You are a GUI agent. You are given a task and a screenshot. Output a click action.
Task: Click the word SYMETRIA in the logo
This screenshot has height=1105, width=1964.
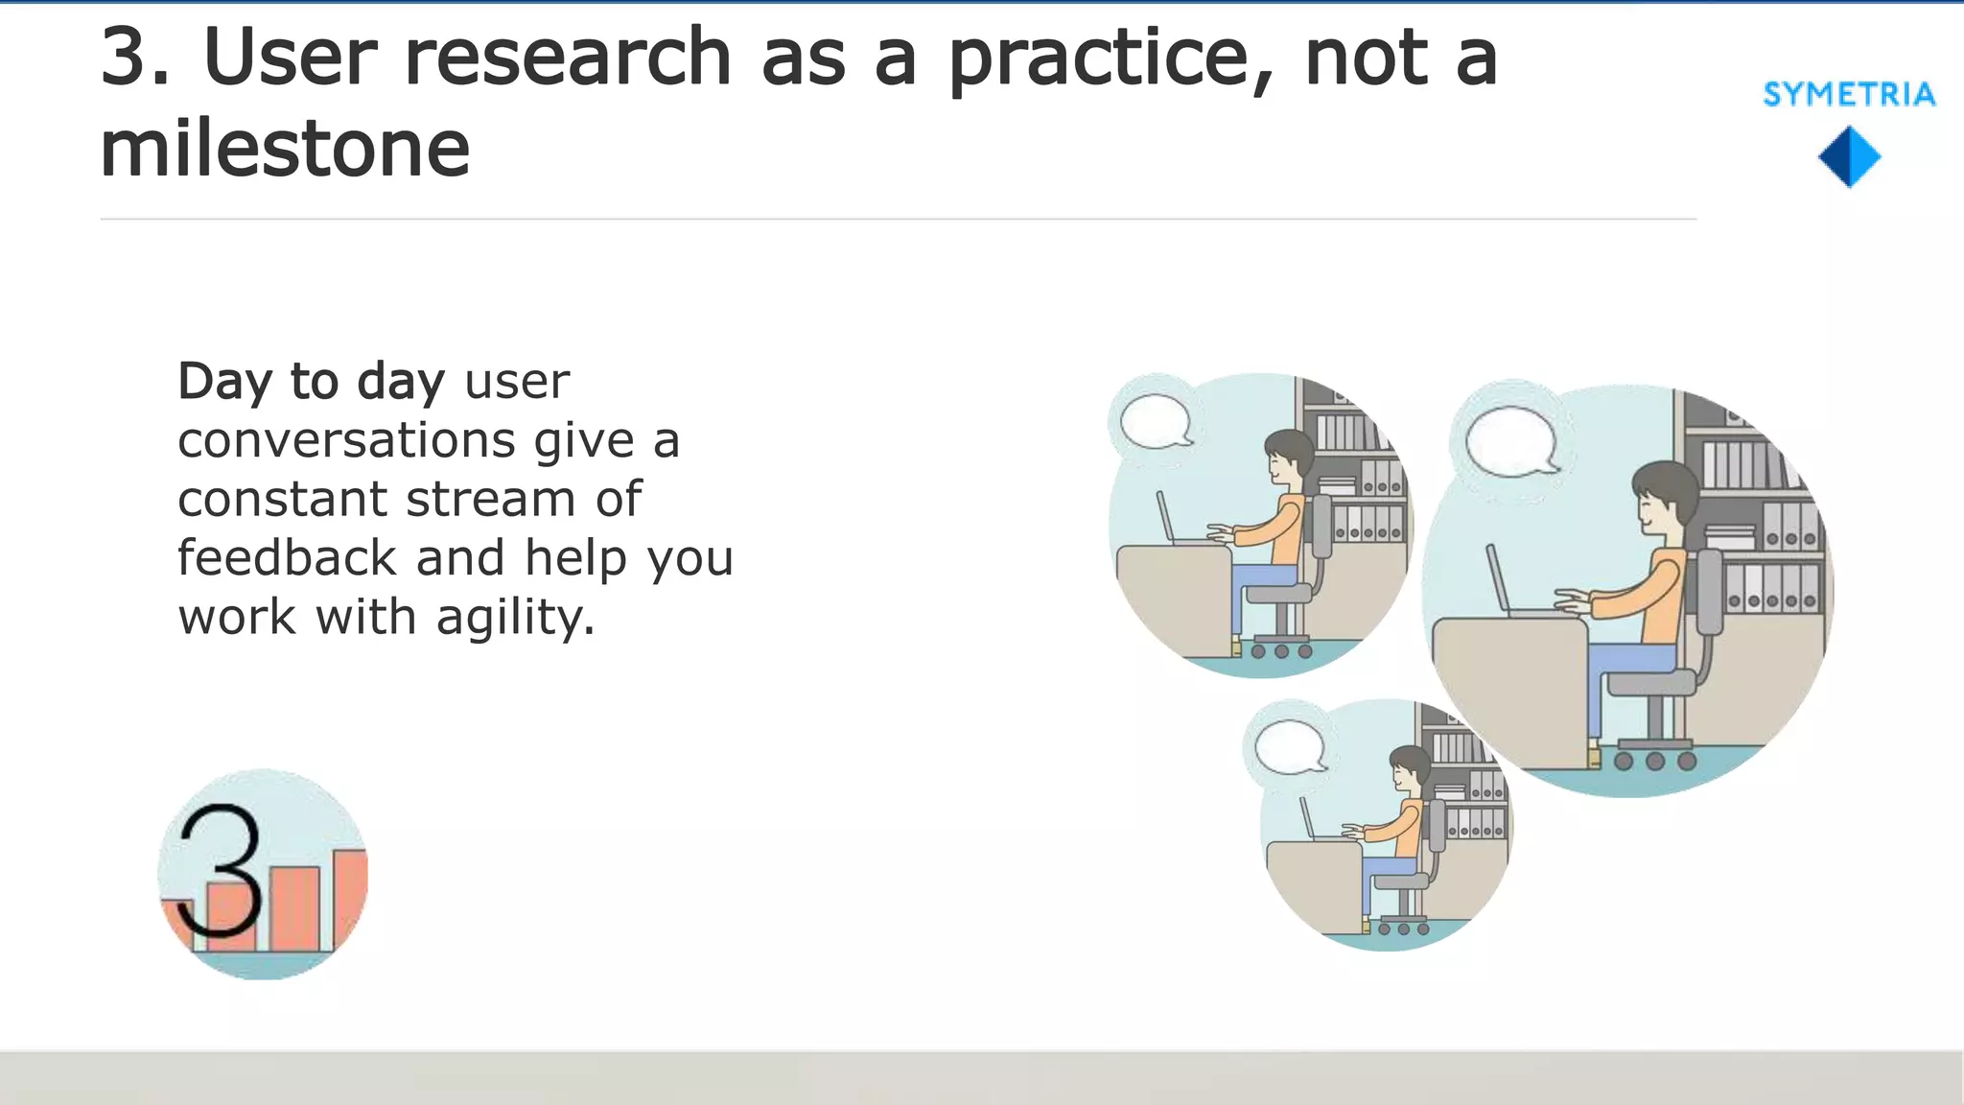[1849, 94]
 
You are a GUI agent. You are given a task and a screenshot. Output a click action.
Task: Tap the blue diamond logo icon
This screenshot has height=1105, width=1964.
[1849, 156]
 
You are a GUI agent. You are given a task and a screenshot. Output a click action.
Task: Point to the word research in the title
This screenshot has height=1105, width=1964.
[569, 58]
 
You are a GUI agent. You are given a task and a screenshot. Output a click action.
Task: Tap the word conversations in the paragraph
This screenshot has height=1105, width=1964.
[347, 440]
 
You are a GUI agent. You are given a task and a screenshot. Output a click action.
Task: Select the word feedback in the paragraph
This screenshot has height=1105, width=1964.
[287, 557]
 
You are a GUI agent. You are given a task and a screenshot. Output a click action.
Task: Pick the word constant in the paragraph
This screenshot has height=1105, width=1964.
[281, 499]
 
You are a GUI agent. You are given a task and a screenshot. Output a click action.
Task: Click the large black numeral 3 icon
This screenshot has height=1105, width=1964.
[221, 870]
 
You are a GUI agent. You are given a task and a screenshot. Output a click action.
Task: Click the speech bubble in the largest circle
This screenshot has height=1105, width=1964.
[1509, 441]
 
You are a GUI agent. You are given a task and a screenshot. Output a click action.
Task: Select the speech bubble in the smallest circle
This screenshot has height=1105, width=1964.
[1290, 746]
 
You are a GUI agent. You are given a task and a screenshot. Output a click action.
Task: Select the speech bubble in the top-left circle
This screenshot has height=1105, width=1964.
[1156, 421]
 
